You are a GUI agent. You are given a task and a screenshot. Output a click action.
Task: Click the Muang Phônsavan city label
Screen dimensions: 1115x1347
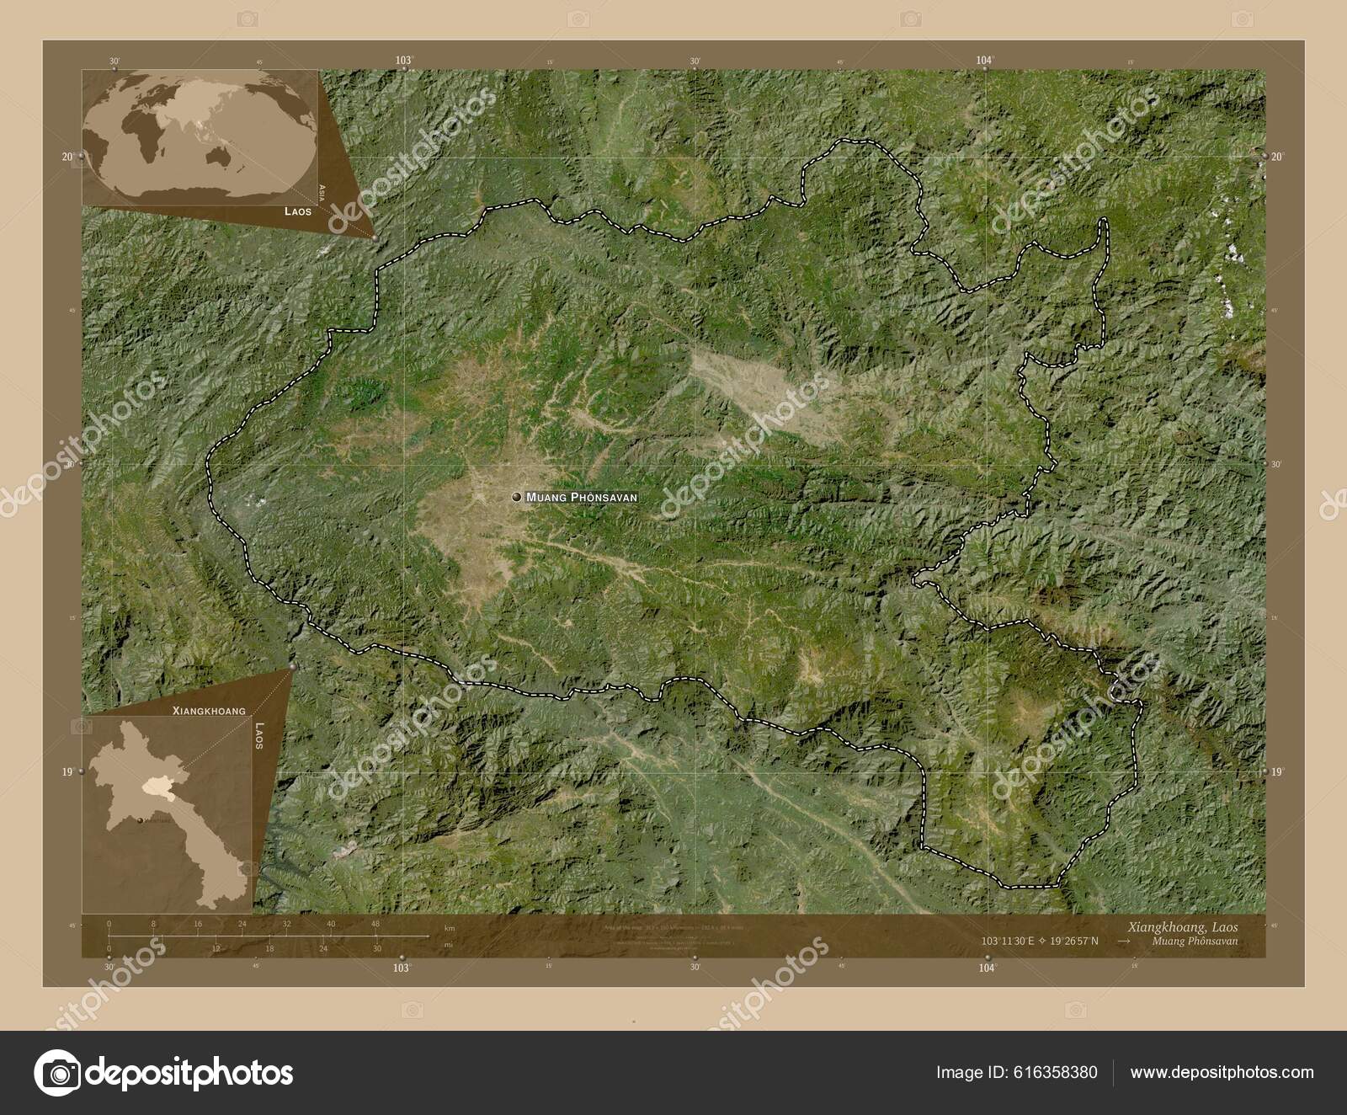(581, 498)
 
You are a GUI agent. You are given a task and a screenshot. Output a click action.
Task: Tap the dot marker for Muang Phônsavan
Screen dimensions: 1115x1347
(515, 498)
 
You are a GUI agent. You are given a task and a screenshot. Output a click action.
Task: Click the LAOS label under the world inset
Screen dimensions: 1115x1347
(296, 212)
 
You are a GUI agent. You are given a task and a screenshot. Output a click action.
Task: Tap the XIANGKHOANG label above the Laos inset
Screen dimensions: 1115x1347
(209, 711)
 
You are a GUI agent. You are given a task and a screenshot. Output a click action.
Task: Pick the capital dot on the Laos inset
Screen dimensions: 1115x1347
(140, 817)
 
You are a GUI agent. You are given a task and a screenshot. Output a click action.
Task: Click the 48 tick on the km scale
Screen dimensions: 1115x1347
(375, 924)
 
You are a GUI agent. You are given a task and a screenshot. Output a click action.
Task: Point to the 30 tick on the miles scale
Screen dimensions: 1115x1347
(376, 948)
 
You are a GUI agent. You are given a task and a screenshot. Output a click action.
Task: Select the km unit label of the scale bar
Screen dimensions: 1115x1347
(450, 928)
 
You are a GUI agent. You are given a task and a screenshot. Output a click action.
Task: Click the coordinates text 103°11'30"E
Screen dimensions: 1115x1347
(1010, 941)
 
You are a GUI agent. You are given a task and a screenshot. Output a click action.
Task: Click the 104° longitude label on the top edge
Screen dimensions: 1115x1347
(984, 60)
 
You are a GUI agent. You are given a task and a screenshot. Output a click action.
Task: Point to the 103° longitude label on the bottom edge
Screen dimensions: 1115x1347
(402, 968)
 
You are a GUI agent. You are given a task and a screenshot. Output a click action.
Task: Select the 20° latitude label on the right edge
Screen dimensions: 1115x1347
(1276, 157)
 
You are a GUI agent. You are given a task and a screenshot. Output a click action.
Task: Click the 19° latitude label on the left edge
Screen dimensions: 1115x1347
(68, 771)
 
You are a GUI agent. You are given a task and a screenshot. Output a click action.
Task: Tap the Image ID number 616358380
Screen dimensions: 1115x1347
(1057, 1072)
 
